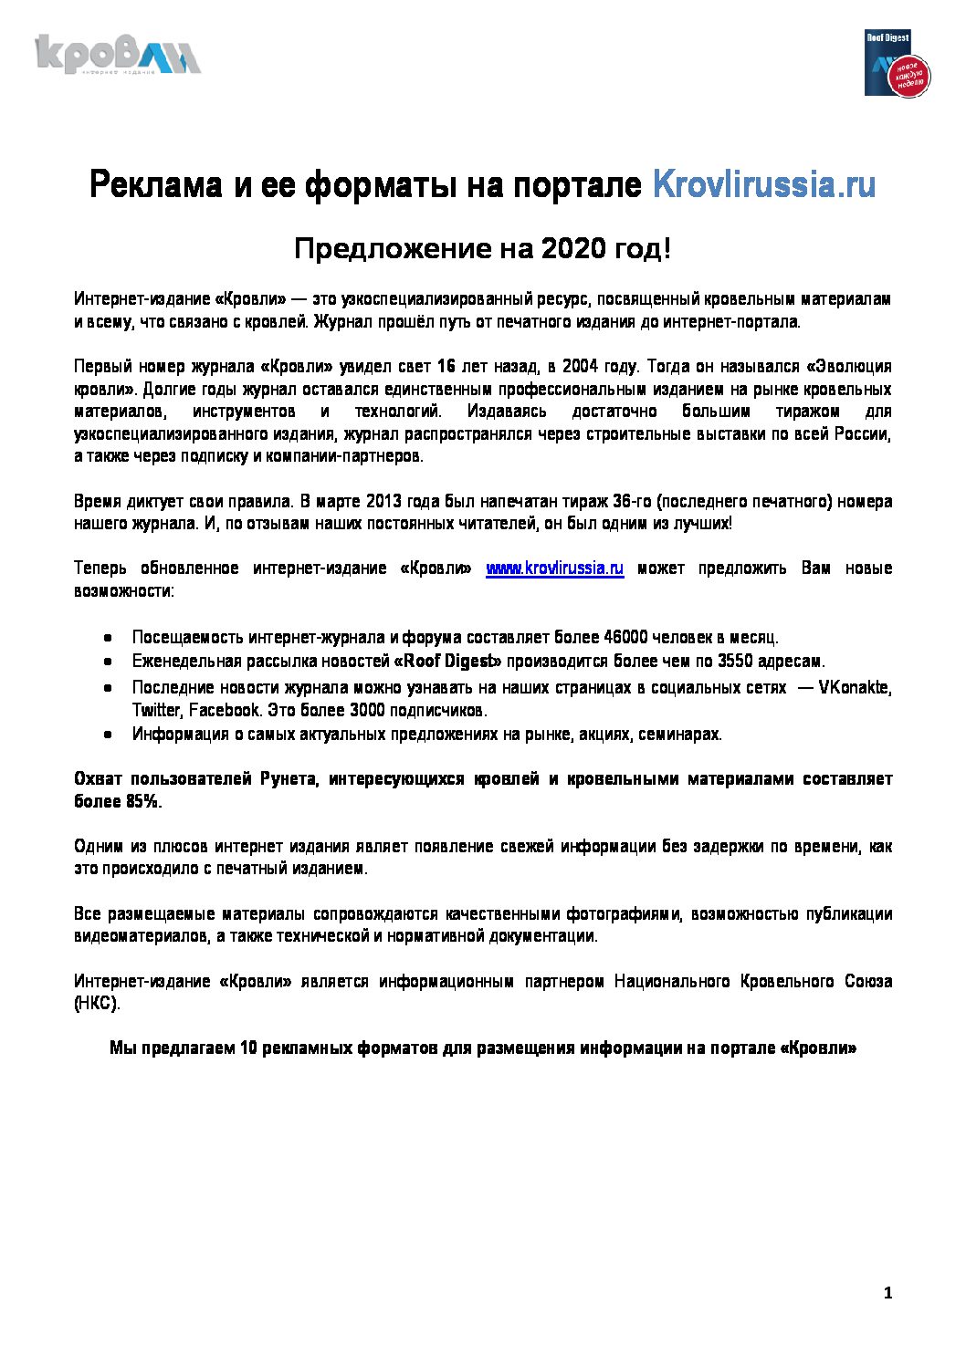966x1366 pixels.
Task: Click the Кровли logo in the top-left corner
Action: click(x=118, y=55)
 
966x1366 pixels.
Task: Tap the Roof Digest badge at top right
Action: click(x=896, y=63)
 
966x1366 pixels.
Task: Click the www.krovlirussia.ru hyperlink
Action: click(x=554, y=568)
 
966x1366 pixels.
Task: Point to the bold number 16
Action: click(x=446, y=366)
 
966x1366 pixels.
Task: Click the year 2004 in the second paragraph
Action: click(x=580, y=366)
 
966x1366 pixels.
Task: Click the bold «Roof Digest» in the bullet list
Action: click(x=447, y=661)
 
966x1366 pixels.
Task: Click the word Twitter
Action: click(x=156, y=710)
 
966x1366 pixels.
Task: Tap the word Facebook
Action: click(x=225, y=710)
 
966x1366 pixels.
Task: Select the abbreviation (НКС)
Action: click(x=96, y=1004)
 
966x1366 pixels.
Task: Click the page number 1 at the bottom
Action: click(x=887, y=1292)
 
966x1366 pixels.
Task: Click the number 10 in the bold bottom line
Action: click(x=248, y=1048)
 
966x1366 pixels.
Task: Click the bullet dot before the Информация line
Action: click(x=108, y=734)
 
